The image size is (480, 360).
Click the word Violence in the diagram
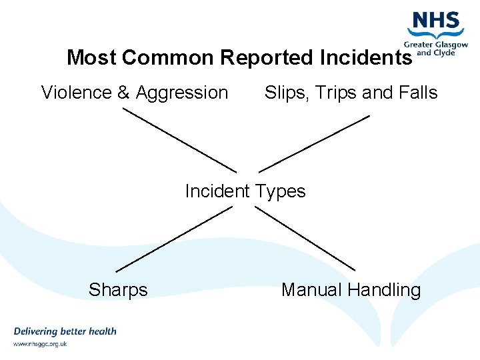77,93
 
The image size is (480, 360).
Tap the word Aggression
182,93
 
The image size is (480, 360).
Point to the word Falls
418,93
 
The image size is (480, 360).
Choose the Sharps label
118,290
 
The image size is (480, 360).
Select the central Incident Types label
245,191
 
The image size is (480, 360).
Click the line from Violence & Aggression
179,140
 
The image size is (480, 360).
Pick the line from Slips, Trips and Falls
314,143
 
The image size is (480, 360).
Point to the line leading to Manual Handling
305,238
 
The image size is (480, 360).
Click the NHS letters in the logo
437,21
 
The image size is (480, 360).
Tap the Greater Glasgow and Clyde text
435,49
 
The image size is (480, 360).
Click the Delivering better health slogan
65,331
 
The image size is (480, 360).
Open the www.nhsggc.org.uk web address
40,344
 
